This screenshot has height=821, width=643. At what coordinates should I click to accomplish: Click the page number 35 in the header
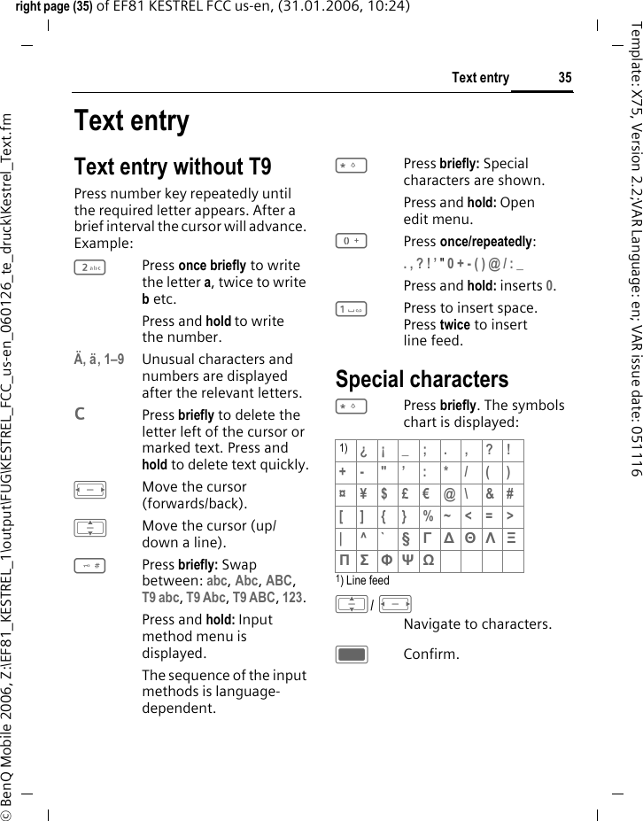(564, 78)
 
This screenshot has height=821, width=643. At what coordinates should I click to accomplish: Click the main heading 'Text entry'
(131, 120)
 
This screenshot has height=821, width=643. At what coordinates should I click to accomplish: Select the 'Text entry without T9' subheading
(173, 167)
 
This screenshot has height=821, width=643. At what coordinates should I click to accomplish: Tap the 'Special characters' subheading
(422, 379)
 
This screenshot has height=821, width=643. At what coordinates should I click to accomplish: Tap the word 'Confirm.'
(431, 654)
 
